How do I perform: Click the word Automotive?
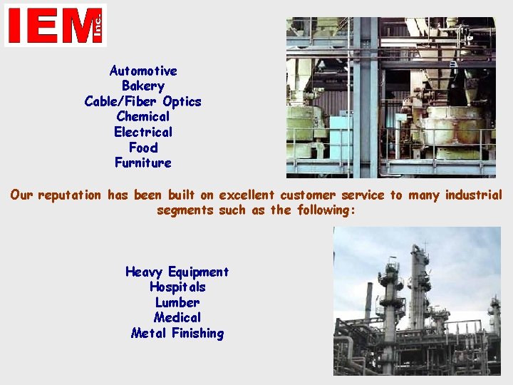coord(143,71)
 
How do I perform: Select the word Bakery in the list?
coord(143,86)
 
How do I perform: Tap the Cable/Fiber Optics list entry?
coord(143,101)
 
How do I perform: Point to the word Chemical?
coord(143,116)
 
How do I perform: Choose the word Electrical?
coord(143,132)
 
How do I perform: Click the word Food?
coord(143,148)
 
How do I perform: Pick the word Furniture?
coord(143,163)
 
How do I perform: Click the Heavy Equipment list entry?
coord(177,272)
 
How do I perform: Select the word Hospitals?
coord(177,287)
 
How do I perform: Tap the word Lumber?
coord(177,302)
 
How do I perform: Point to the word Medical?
coord(177,317)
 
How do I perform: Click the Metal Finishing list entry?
coord(177,333)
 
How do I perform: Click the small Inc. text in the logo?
coord(98,26)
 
